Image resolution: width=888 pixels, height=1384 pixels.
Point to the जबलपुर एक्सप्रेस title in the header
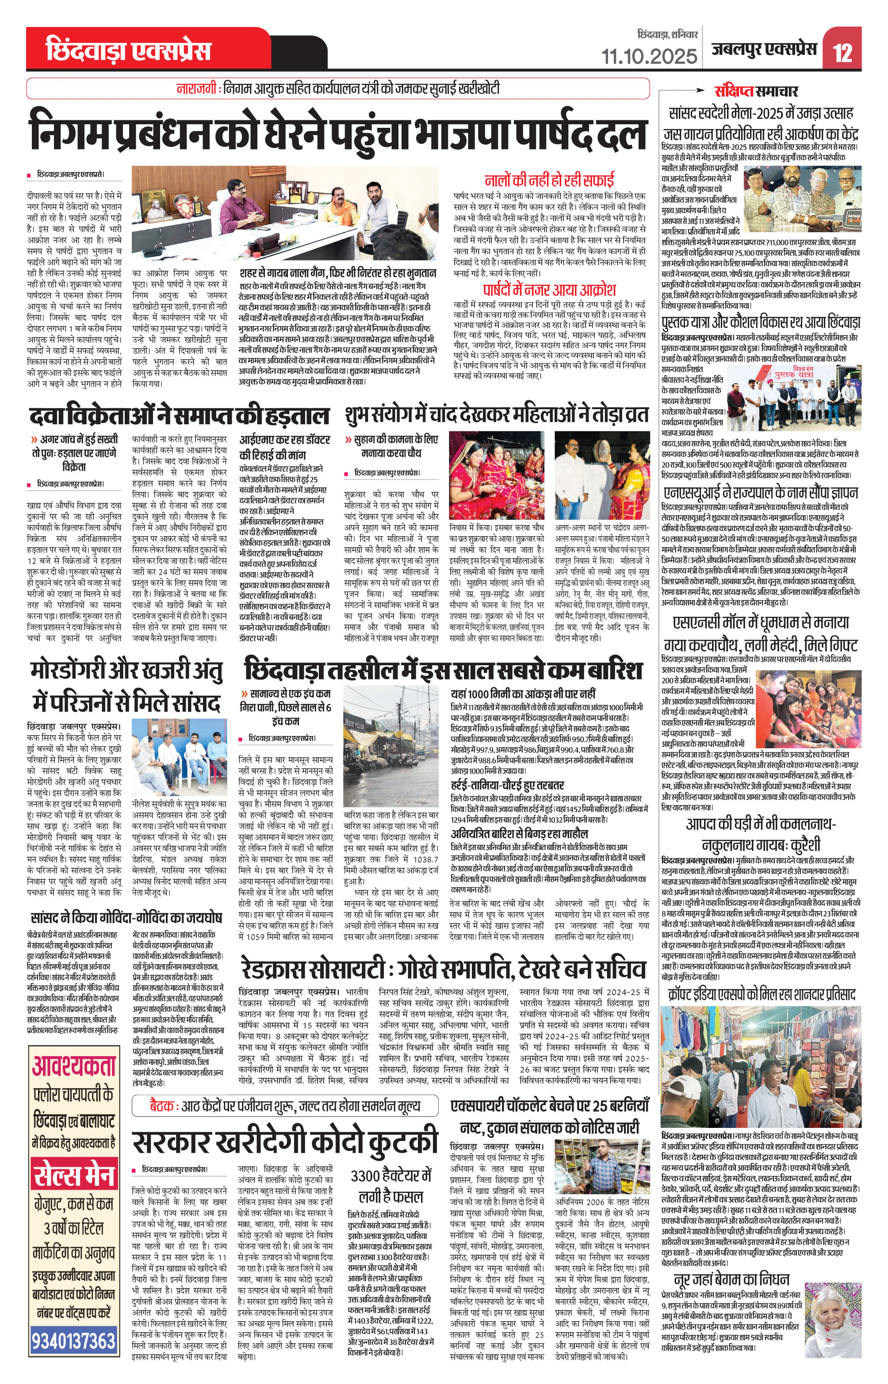click(764, 50)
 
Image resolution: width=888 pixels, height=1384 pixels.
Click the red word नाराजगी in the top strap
click(198, 89)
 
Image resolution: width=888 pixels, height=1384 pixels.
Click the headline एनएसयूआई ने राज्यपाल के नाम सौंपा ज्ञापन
click(760, 493)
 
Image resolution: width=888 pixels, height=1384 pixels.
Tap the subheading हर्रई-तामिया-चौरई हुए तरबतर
click(507, 785)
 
